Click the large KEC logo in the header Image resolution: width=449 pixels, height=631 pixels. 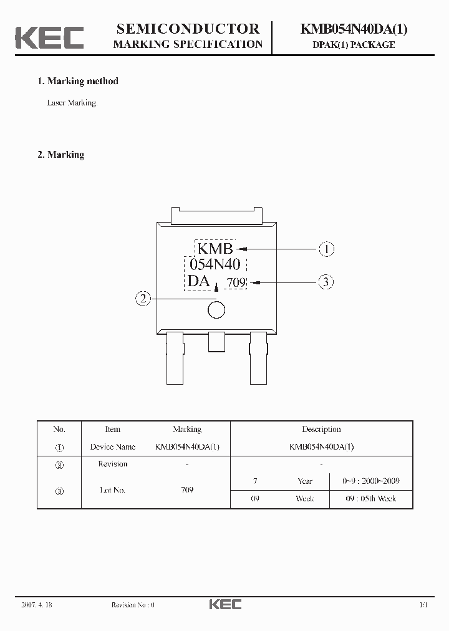click(x=49, y=37)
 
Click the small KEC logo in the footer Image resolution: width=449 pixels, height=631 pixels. click(x=225, y=604)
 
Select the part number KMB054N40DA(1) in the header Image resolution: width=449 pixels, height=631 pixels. click(x=354, y=28)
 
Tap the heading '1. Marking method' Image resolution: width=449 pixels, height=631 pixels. click(x=78, y=81)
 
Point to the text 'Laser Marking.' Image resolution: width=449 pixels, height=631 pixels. click(x=72, y=103)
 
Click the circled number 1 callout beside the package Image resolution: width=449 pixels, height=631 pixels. click(x=326, y=249)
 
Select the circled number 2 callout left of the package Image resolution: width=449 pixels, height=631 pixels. click(x=143, y=299)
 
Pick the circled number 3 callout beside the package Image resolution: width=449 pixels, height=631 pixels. click(x=326, y=282)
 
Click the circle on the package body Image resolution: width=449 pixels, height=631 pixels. click(x=216, y=309)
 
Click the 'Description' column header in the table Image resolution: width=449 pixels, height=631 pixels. click(x=321, y=429)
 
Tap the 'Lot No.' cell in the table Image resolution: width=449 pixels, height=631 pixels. click(x=113, y=490)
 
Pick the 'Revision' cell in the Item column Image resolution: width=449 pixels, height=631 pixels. click(x=113, y=464)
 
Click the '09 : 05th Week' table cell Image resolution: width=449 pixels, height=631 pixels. click(x=371, y=499)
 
